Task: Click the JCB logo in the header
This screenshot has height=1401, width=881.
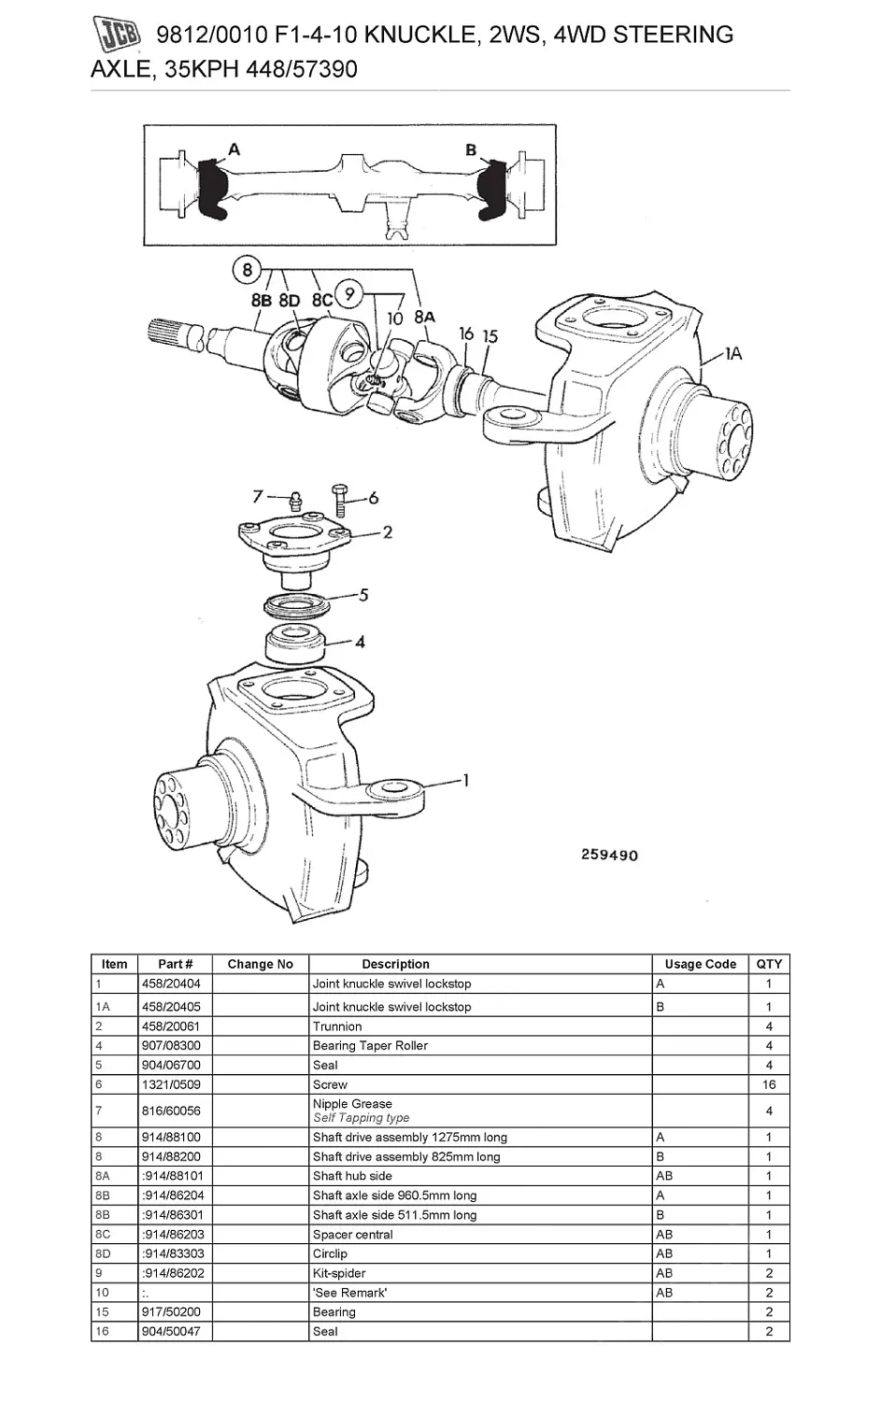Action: click(x=117, y=34)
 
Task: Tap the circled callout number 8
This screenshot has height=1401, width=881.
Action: click(x=247, y=270)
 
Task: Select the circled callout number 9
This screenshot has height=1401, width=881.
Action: click(x=349, y=293)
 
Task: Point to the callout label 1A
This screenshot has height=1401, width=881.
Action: click(x=733, y=354)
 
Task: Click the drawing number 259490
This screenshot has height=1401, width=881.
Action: click(x=609, y=855)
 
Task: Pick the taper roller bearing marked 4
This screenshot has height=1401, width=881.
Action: click(x=295, y=644)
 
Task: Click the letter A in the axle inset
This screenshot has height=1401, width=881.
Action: click(x=234, y=149)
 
